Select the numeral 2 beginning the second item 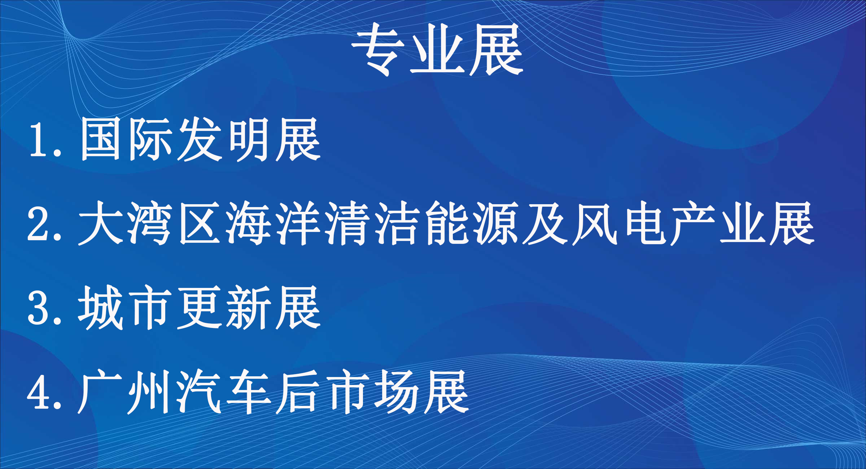click(39, 224)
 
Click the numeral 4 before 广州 click(39, 392)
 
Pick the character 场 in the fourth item click(397, 392)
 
